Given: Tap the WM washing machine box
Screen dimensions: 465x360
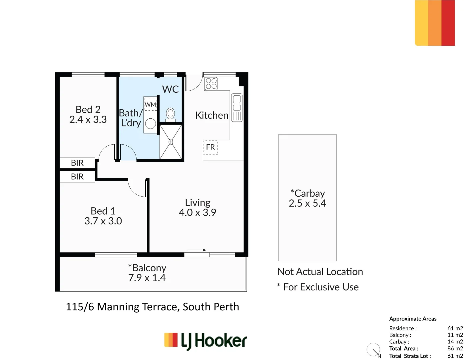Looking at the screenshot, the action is [150, 104].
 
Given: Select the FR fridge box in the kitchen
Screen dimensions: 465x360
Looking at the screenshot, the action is [211, 147].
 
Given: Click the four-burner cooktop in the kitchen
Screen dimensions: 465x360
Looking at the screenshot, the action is [211, 84].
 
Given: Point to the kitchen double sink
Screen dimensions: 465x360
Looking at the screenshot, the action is [237, 108].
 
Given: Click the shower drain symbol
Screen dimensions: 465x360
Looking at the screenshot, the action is [171, 142].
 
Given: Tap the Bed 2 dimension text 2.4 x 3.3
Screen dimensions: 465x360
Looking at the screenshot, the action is [88, 120].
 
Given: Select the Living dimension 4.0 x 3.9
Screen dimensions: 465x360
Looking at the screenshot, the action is [198, 212].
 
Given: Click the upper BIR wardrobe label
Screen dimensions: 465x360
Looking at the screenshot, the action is [77, 163].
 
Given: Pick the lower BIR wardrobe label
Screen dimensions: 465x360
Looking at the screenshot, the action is [77, 177].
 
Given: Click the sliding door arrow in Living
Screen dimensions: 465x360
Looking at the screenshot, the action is [197, 250].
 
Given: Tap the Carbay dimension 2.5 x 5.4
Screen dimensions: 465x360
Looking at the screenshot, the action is [307, 203].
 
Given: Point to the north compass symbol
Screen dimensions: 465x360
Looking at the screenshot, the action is [374, 350].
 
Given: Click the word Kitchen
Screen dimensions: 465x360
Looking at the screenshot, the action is [212, 115].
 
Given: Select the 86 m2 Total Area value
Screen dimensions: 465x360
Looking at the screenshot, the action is [455, 348].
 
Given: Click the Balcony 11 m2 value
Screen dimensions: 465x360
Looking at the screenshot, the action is [455, 335].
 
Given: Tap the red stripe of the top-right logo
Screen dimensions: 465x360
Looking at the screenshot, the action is [448, 23].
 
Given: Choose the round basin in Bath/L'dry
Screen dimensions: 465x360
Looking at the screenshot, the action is [151, 124].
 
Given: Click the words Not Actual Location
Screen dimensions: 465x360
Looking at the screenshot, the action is [320, 272].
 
